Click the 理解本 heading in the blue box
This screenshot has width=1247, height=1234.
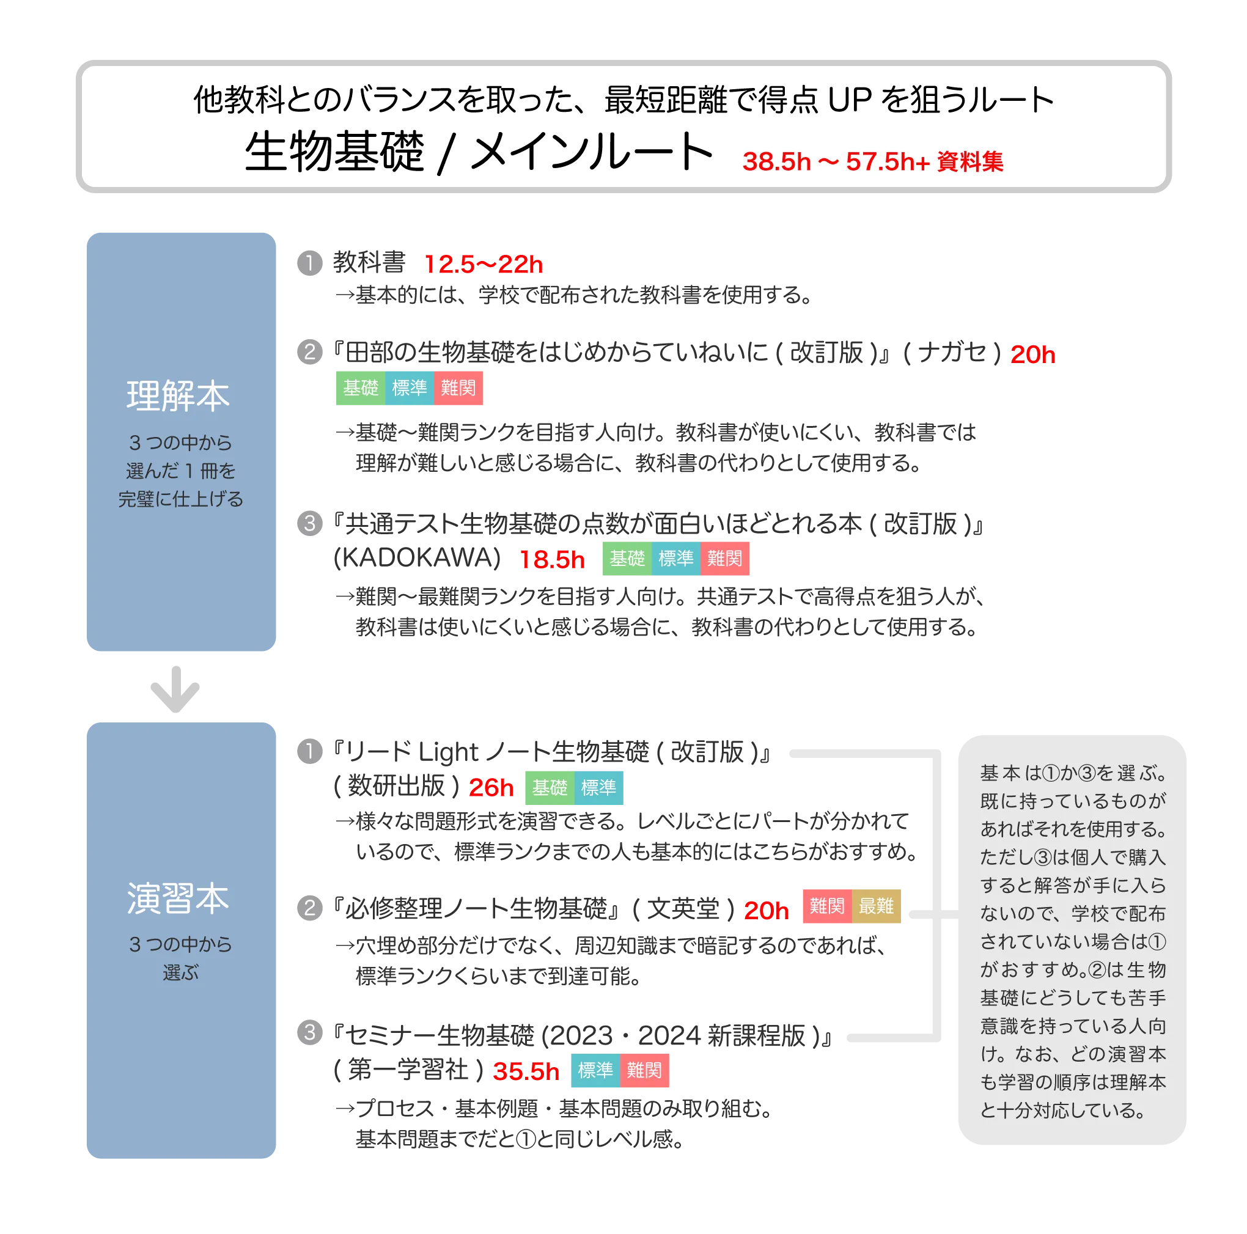click(178, 395)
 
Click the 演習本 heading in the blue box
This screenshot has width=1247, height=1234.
click(178, 898)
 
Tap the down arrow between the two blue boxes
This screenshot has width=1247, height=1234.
click(174, 689)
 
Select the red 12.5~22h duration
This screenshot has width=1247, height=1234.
click(484, 264)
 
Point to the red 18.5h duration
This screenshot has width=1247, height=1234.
click(553, 559)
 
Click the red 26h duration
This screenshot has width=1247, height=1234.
click(490, 787)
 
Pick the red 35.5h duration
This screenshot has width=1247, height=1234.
click(526, 1071)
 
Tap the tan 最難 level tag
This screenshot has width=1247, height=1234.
click(876, 906)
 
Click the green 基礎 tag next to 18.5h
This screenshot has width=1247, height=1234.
click(627, 558)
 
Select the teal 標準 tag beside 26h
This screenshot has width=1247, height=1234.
click(598, 787)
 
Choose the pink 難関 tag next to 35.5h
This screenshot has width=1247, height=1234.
click(644, 1070)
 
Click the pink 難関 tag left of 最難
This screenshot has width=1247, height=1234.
click(827, 906)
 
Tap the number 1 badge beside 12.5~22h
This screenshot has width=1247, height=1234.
click(310, 263)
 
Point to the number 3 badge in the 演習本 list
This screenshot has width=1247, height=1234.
click(310, 1031)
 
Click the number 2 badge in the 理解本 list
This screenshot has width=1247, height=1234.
click(310, 351)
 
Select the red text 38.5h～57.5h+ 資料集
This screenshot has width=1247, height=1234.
click(873, 161)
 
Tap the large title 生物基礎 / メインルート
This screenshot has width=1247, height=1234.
click(478, 152)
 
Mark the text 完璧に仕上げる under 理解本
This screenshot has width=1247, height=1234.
click(181, 499)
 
